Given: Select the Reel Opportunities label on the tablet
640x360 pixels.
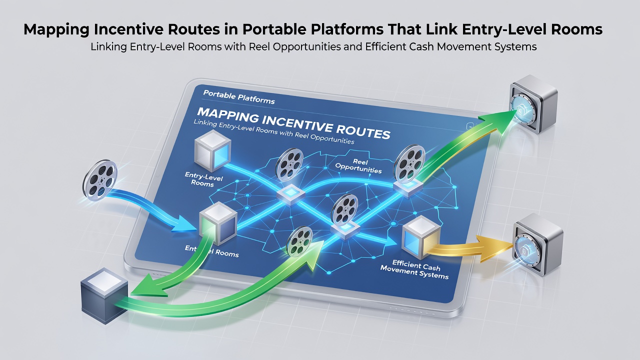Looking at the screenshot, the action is pyautogui.click(x=359, y=166).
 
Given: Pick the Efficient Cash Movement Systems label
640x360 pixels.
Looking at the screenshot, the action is pyautogui.click(x=415, y=269).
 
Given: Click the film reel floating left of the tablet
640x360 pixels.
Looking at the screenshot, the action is pyautogui.click(x=99, y=179).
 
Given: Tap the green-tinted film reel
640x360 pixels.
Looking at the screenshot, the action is pyautogui.click(x=299, y=241).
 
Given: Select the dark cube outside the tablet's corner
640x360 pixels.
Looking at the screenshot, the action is pyautogui.click(x=104, y=295).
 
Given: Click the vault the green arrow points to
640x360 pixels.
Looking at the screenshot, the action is pyautogui.click(x=533, y=104).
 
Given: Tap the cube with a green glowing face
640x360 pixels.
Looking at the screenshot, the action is pyautogui.click(x=218, y=223).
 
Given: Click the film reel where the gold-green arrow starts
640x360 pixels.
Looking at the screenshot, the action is pyautogui.click(x=409, y=163).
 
